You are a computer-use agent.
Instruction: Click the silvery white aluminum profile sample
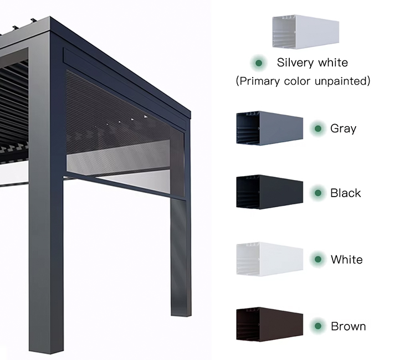coord(305,32)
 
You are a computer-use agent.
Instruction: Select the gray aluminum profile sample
coord(270,128)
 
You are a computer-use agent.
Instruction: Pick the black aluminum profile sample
coord(270,192)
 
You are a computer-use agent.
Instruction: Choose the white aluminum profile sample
coord(270,259)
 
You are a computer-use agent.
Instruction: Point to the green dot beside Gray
coord(318,128)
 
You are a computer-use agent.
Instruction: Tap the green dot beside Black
coord(318,193)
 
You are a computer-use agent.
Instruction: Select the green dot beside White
coord(318,259)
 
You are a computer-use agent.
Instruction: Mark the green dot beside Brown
coord(318,326)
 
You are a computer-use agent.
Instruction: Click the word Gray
coord(343,129)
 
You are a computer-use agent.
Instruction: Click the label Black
coord(345,193)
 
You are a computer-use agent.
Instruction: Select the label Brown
coord(348,326)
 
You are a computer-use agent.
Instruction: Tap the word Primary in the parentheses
coord(261,81)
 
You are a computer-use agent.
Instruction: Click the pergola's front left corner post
coord(47,194)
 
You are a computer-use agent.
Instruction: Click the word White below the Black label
coord(346,259)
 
